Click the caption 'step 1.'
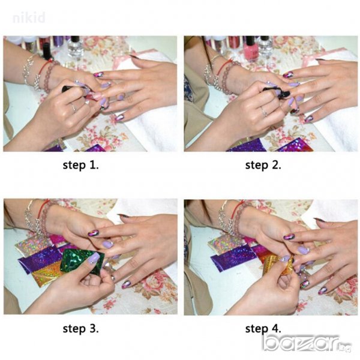tap(80, 165)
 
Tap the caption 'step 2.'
tap(263, 165)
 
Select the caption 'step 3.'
tap(80, 329)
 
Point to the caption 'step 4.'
tap(263, 329)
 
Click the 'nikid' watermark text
tap(29, 18)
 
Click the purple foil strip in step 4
tap(232, 257)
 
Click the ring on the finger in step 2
tap(264, 112)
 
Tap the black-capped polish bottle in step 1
tap(47, 51)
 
